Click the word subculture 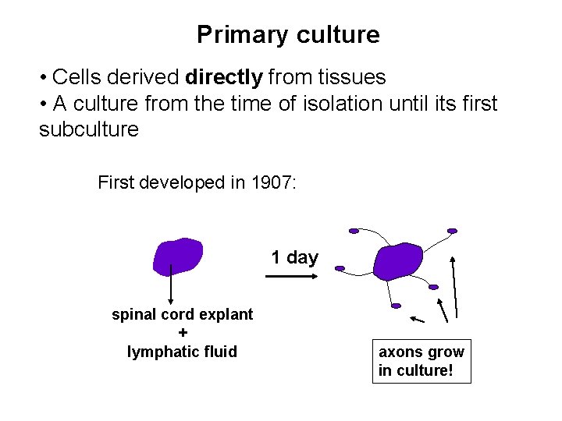click(x=89, y=129)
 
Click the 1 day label click(x=294, y=257)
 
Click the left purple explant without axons click(x=178, y=256)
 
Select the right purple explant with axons click(x=397, y=261)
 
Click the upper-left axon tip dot click(x=354, y=231)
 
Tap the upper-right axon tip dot click(x=452, y=231)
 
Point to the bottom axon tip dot click(x=397, y=305)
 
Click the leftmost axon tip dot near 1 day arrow click(x=340, y=268)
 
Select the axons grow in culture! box click(x=421, y=361)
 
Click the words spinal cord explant click(x=182, y=314)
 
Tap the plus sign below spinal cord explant click(x=182, y=333)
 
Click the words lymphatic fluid click(x=182, y=352)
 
